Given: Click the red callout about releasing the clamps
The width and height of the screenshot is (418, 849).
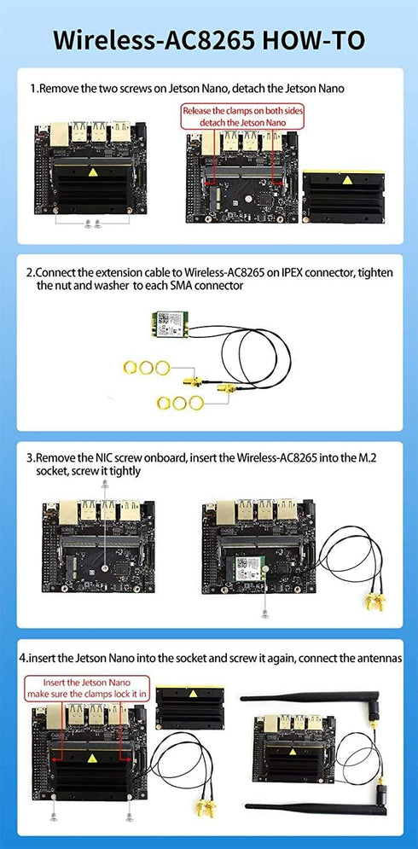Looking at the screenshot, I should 243,117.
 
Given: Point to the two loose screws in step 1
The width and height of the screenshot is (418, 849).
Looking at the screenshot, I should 94,224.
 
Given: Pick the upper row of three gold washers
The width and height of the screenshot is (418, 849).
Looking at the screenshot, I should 142,368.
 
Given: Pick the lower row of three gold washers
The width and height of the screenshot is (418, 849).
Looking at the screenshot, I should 178,403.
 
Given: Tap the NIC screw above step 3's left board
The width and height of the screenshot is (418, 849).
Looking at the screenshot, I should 103,484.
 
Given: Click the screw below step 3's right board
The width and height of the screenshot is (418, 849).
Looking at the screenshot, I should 265,613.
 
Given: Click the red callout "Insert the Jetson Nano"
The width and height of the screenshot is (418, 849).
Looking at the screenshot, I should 86,689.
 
